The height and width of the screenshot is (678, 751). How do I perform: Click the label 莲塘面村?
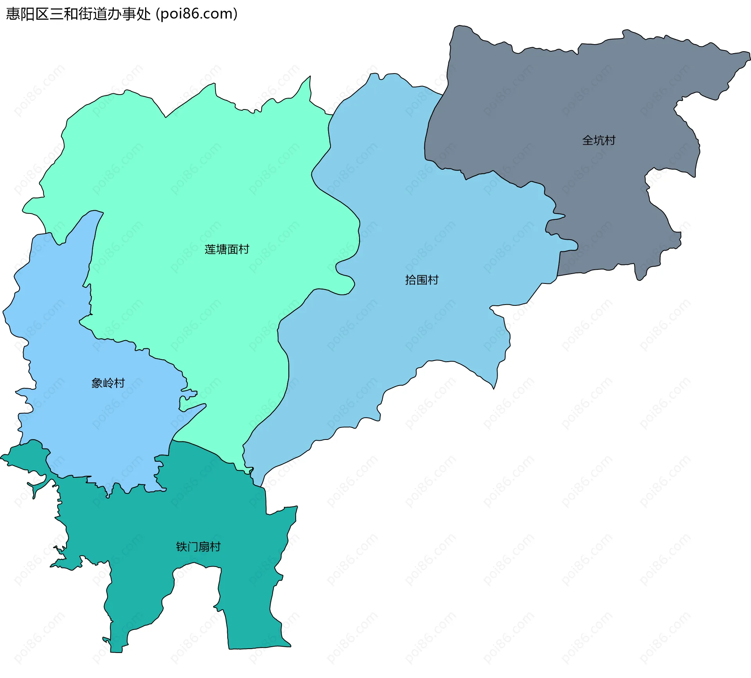227,249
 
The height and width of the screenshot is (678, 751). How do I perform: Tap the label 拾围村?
422,280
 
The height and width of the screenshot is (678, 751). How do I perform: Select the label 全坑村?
599,140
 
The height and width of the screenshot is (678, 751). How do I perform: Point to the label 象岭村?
108,383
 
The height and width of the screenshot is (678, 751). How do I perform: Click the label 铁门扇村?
198,547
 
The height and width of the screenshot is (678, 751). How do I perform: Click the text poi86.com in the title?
197,14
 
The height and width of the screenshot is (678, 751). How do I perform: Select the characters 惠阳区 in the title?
28,14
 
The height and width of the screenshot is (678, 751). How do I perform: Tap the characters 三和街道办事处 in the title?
100,14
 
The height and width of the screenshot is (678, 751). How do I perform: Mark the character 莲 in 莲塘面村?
210,249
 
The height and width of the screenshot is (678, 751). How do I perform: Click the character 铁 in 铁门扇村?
181,547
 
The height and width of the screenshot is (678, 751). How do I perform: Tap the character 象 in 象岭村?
97,383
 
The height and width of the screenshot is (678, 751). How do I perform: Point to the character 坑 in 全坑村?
599,140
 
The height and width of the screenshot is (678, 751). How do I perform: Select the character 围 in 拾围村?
422,280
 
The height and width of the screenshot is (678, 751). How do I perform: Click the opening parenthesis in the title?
157,14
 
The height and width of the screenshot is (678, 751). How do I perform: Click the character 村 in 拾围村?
433,280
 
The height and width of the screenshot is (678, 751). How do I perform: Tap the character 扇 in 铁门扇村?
204,547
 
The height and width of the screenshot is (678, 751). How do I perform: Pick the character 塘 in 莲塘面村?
221,249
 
